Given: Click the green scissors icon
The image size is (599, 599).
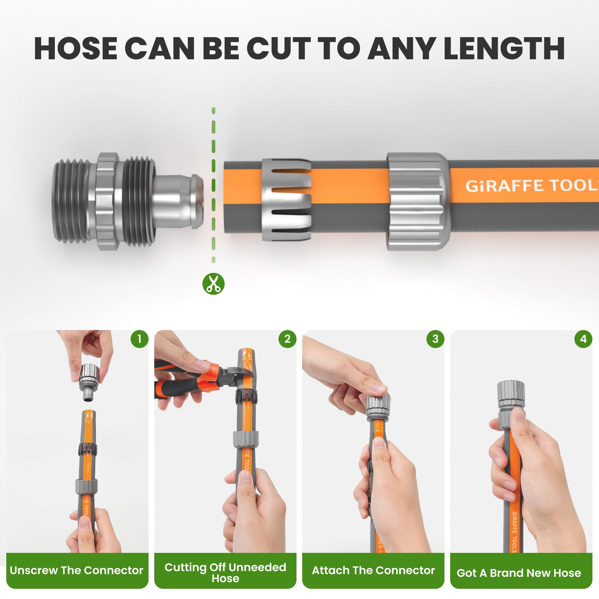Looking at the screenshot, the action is click(x=213, y=284).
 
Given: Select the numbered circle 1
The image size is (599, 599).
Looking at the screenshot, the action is click(x=140, y=339).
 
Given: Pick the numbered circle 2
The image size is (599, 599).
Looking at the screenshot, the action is click(x=288, y=339).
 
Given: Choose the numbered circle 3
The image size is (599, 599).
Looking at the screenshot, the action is click(x=435, y=339).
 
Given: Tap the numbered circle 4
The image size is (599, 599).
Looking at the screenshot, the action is click(x=583, y=339).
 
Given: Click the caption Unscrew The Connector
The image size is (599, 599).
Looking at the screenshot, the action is click(x=77, y=570).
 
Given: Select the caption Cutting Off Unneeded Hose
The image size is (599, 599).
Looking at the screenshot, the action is click(x=226, y=573).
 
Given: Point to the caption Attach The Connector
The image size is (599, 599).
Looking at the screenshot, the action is click(x=373, y=570).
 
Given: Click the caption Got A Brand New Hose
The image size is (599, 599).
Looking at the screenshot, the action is click(x=519, y=573).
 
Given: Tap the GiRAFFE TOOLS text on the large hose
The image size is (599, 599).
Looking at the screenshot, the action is click(x=532, y=186).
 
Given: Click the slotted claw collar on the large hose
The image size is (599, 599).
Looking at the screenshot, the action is click(x=286, y=200).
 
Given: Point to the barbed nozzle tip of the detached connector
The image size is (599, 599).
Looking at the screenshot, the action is click(x=178, y=202).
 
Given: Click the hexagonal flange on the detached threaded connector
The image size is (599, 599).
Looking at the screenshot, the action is click(x=107, y=202).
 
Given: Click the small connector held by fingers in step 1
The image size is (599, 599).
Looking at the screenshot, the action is click(x=89, y=382).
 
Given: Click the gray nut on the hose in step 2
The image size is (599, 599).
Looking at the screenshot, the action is click(x=246, y=439).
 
